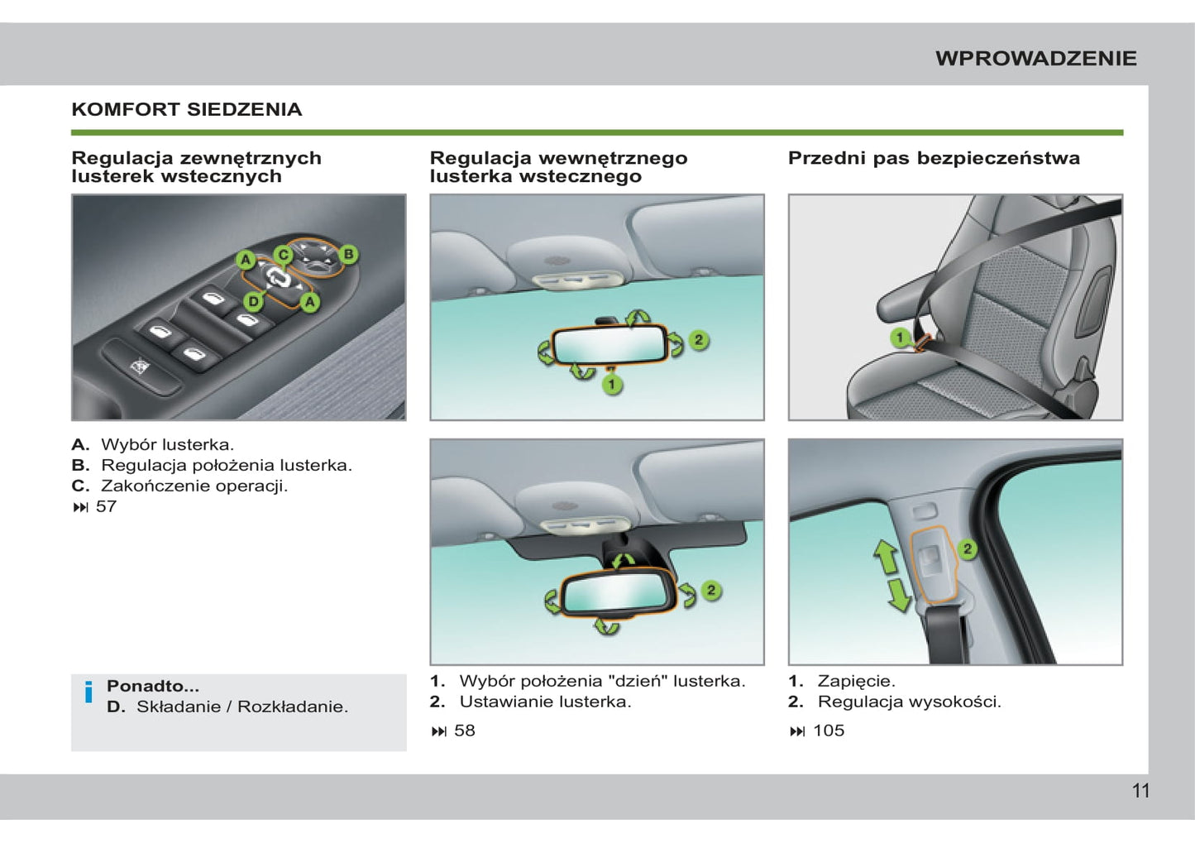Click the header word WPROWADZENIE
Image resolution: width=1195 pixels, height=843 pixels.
pos(1035,59)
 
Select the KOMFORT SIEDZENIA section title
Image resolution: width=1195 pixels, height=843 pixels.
pos(187,109)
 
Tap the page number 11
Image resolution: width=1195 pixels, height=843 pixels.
pos(1140,791)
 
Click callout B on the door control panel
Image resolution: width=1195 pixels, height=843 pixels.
pos(349,254)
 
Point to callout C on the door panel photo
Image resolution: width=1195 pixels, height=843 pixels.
pos(283,254)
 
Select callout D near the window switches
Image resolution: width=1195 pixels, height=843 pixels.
pos(254,301)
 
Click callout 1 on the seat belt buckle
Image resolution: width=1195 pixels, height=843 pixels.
pos(900,338)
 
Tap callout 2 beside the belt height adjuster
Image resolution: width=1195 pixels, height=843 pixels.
pos(967,548)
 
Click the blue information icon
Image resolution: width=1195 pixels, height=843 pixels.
pos(88,692)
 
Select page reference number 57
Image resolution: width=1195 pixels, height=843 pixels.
pos(106,506)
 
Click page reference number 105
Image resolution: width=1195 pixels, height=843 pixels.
pos(828,730)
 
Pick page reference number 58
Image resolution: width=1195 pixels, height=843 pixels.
pos(464,730)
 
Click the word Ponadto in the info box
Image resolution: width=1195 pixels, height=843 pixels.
pos(152,686)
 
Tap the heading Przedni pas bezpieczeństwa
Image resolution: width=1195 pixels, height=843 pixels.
pos(934,158)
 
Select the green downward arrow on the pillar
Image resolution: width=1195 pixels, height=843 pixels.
pos(898,595)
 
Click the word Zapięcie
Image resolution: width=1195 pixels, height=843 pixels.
pos(856,681)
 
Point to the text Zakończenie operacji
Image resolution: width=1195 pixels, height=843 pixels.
pos(194,486)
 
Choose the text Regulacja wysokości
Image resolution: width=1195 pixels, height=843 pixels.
pos(909,702)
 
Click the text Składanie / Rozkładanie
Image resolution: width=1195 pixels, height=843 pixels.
pos(242,706)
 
